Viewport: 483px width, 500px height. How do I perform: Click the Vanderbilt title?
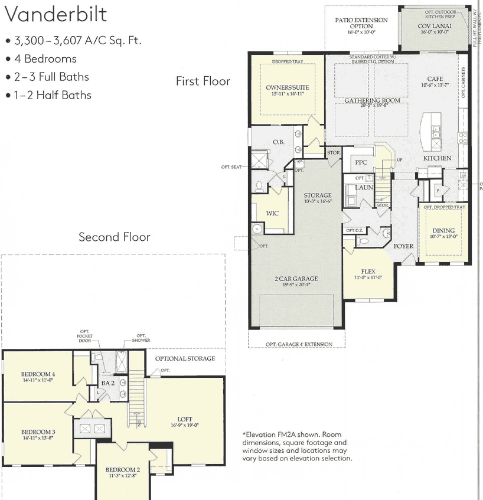tap(57, 15)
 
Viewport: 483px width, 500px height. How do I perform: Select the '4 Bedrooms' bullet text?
tap(45, 59)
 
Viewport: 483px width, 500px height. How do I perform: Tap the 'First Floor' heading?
tap(203, 81)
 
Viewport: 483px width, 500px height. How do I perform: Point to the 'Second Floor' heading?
tap(115, 237)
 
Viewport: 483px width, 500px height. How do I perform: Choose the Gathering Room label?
tap(372, 100)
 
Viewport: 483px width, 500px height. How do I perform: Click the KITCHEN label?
tap(437, 158)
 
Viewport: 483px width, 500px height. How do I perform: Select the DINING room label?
tap(443, 231)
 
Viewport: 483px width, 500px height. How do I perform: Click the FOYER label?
tap(404, 246)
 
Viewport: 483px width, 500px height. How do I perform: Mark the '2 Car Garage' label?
tap(295, 279)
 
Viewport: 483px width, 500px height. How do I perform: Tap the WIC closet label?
tap(272, 213)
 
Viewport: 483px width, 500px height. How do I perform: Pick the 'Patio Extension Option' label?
tap(361, 23)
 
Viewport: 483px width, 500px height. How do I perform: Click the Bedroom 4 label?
tap(38, 374)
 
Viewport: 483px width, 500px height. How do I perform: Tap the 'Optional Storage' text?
tap(185, 358)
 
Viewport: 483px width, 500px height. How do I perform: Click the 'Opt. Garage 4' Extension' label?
tap(298, 344)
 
